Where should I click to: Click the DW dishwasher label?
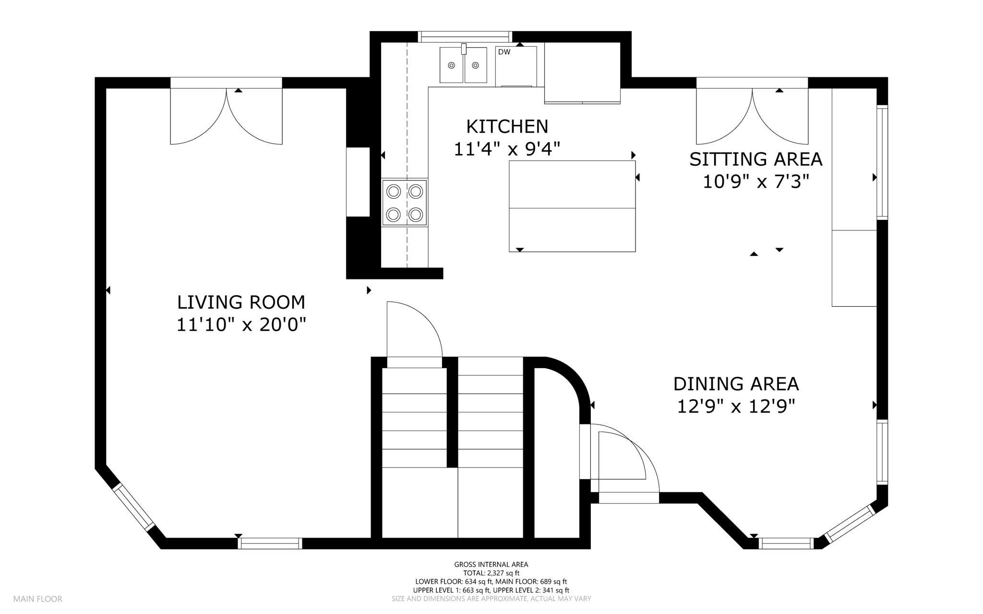(504, 52)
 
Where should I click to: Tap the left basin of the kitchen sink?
(451, 65)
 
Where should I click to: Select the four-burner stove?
(405, 203)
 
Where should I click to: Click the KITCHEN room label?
(507, 127)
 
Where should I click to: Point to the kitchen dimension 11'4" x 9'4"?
(507, 149)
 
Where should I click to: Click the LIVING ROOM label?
(241, 302)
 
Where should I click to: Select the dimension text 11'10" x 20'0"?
(241, 325)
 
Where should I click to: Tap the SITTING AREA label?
(756, 159)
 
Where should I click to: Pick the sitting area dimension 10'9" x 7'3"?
(756, 182)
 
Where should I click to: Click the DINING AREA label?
(736, 384)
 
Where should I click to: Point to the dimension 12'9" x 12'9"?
(736, 407)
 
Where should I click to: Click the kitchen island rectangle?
(572, 206)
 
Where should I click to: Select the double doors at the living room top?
(227, 116)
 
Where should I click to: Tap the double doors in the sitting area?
(753, 116)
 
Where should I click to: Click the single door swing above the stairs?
(414, 329)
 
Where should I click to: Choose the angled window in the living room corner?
(133, 507)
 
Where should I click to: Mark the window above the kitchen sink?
(465, 37)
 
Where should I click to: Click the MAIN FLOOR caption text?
(38, 599)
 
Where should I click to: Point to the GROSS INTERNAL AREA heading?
(491, 565)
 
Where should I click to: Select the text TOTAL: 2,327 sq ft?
(491, 573)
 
